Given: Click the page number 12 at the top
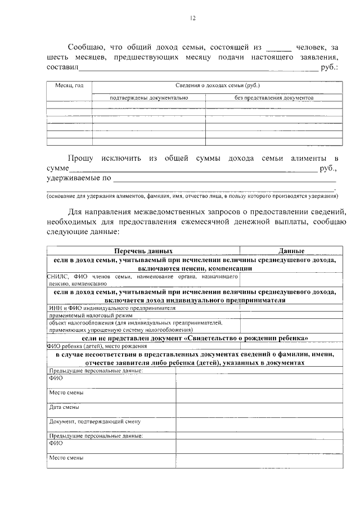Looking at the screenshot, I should tap(192, 18).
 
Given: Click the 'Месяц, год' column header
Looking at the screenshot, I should tap(69, 85).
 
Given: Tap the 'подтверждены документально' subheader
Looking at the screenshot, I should tap(148, 98).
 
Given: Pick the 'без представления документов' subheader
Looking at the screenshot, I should tap(274, 98).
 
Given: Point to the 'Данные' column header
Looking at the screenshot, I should tap(291, 251).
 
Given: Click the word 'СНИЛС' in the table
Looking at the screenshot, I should tap(58, 277).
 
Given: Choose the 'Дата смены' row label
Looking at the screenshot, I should tap(64, 407).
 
